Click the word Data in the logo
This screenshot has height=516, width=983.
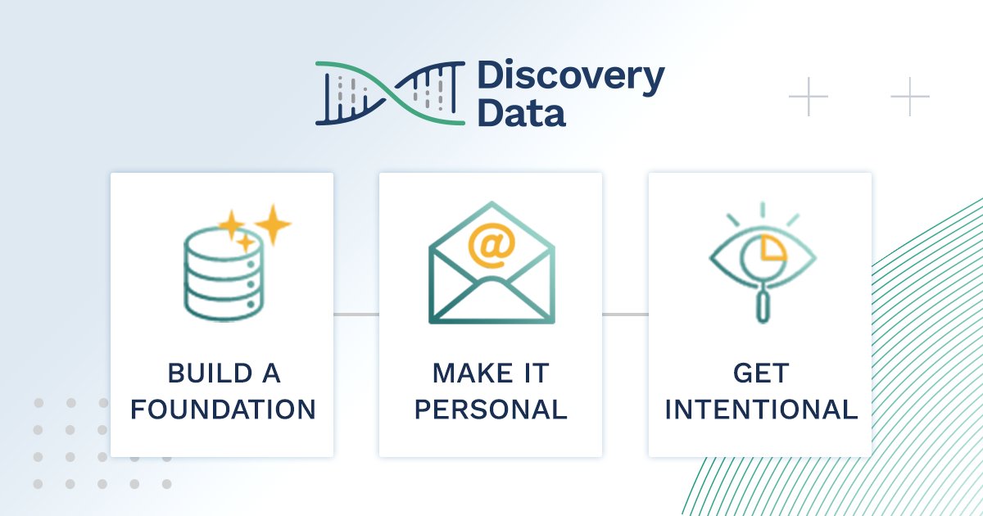tap(521, 113)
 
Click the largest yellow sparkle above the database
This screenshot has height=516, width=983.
tap(272, 223)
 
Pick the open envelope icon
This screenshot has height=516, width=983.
tap(491, 262)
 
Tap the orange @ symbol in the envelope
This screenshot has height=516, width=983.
tap(491, 245)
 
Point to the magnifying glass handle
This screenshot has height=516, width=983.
tap(762, 307)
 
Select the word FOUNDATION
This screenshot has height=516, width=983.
tap(223, 410)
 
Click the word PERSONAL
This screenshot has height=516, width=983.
tap(491, 410)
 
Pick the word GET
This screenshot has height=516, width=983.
tap(761, 374)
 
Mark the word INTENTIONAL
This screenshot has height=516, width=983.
tap(761, 410)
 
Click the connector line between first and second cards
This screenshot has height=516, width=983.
tap(356, 314)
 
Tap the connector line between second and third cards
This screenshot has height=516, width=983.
tap(625, 314)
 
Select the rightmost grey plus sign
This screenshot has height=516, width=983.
tap(910, 97)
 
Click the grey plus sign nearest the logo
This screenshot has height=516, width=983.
tap(809, 97)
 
